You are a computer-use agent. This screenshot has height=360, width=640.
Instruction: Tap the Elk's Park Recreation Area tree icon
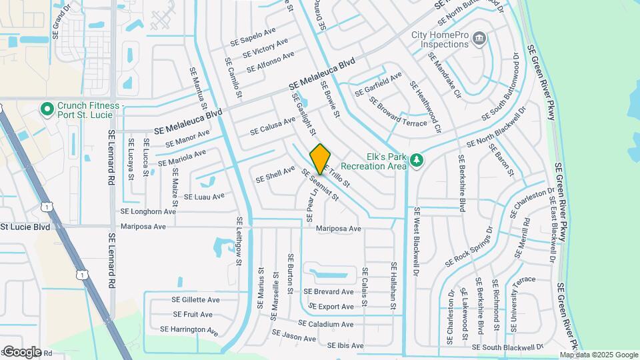pyautogui.click(x=417, y=160)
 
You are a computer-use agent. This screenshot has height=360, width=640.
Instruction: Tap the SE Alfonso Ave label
pyautogui.click(x=270, y=62)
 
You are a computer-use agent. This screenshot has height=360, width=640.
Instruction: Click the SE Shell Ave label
pyautogui.click(x=275, y=174)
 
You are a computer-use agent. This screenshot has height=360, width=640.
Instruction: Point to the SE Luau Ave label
pyautogui.click(x=204, y=197)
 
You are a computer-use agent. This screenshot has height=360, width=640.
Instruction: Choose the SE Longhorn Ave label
pyautogui.click(x=148, y=211)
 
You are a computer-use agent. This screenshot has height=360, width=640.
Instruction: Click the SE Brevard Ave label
pyautogui.click(x=329, y=292)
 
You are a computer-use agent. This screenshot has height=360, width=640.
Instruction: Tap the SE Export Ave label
pyautogui.click(x=332, y=307)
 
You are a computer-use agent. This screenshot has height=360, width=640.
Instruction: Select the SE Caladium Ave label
pyautogui.click(x=325, y=324)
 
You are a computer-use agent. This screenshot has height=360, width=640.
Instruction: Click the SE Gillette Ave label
pyautogui.click(x=195, y=300)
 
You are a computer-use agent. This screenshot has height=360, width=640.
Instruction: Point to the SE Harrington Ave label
pyautogui.click(x=189, y=329)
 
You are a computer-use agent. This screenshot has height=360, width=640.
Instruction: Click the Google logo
pyautogui.click(x=21, y=351)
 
